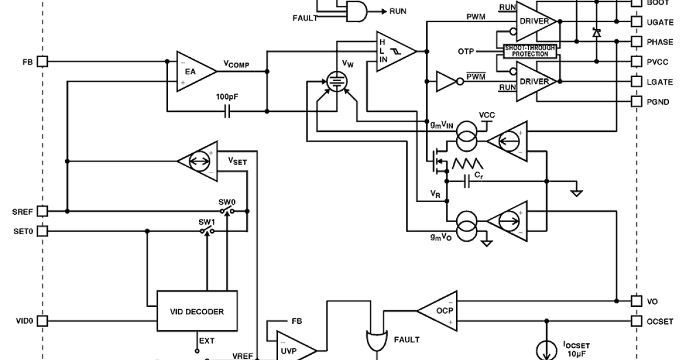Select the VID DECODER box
coord(197,312)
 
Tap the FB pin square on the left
coord(42,62)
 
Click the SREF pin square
coord(42,211)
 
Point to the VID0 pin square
coord(42,321)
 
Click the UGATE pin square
coord(637,22)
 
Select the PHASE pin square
coord(637,42)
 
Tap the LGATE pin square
coord(637,82)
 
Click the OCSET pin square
coord(637,321)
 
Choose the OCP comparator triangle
coord(437,311)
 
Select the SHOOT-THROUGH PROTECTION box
coord(530,51)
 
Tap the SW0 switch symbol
coord(227,211)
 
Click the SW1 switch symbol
coord(207,231)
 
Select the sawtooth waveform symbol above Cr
coord(468,164)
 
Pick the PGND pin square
coord(637,102)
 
